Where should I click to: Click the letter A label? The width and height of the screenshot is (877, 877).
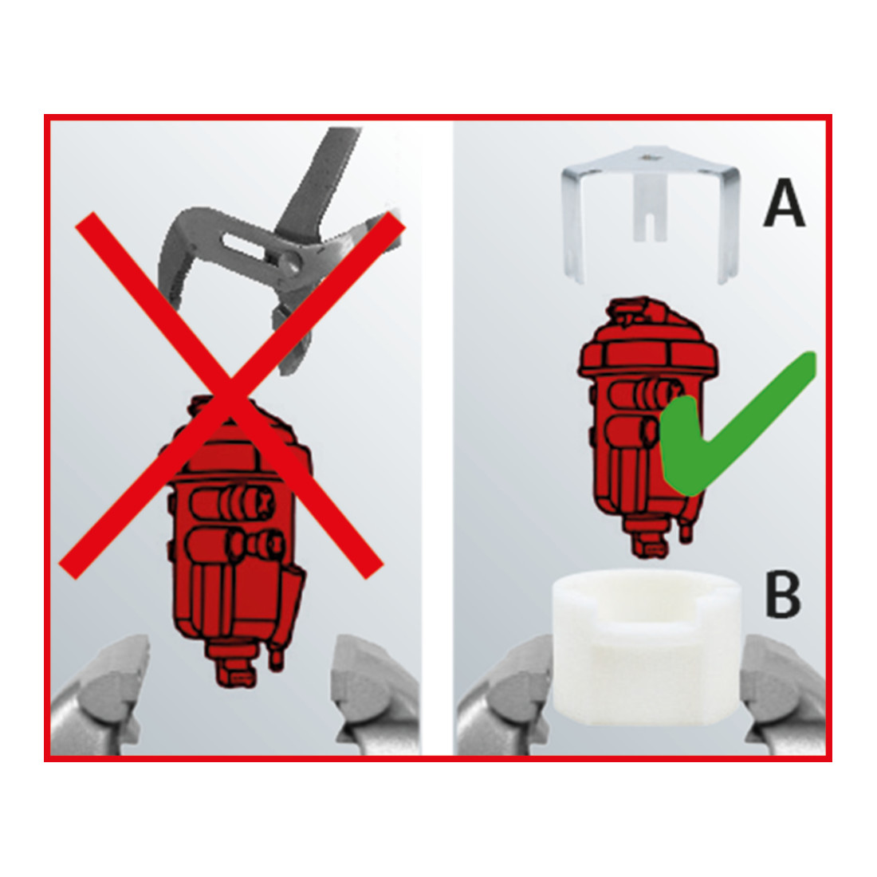785,203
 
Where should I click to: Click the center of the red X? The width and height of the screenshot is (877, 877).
231,395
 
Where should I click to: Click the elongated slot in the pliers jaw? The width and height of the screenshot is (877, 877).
243,246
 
